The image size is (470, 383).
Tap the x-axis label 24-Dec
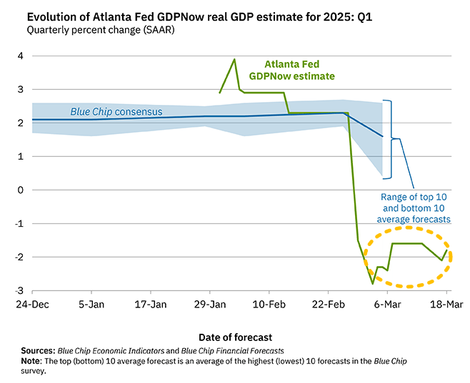point(31,302)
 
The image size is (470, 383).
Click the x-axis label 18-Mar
point(446,302)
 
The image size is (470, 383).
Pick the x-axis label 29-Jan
point(210,302)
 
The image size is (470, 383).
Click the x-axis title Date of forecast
point(235,336)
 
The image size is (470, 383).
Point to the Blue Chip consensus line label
point(116,112)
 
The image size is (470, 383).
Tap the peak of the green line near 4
point(234,59)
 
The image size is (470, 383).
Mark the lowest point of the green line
point(372,283)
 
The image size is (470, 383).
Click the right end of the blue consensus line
point(383,136)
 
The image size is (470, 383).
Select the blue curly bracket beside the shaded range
point(389,139)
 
